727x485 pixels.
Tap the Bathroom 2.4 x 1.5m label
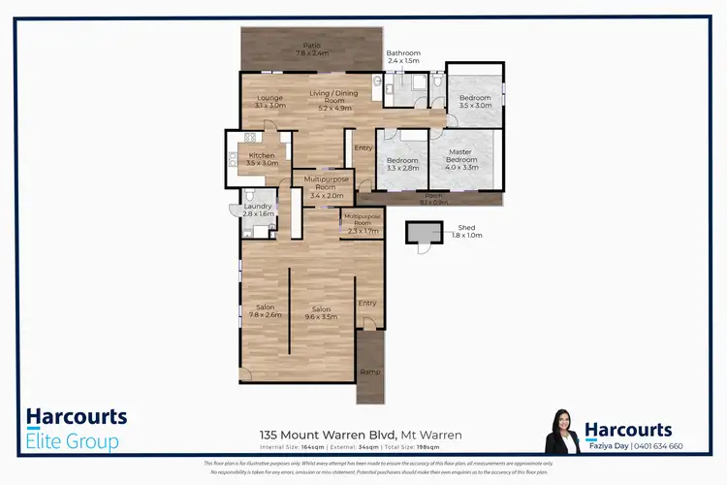click(x=402, y=56)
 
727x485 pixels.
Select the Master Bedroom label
click(x=461, y=156)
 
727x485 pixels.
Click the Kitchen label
click(x=262, y=159)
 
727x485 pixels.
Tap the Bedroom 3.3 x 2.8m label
click(x=401, y=164)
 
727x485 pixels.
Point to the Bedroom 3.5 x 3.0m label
click(x=475, y=101)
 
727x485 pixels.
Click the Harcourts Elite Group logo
click(x=77, y=430)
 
